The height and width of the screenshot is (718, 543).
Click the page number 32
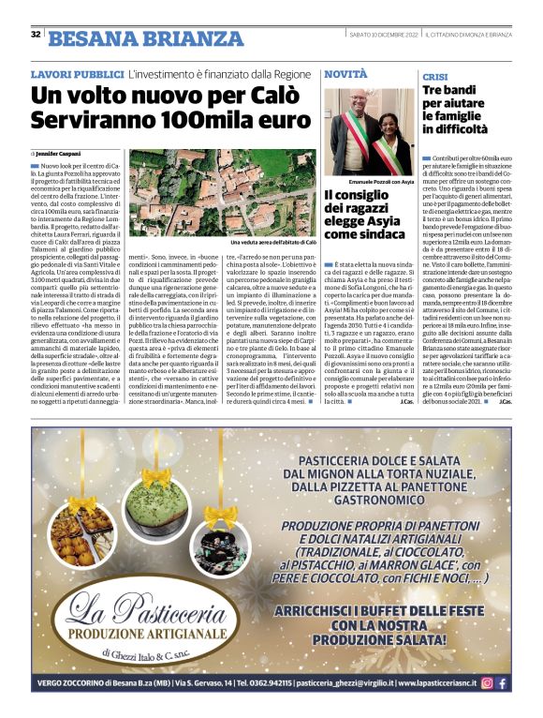coord(36,35)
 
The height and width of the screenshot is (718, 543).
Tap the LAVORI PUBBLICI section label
coord(77,74)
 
